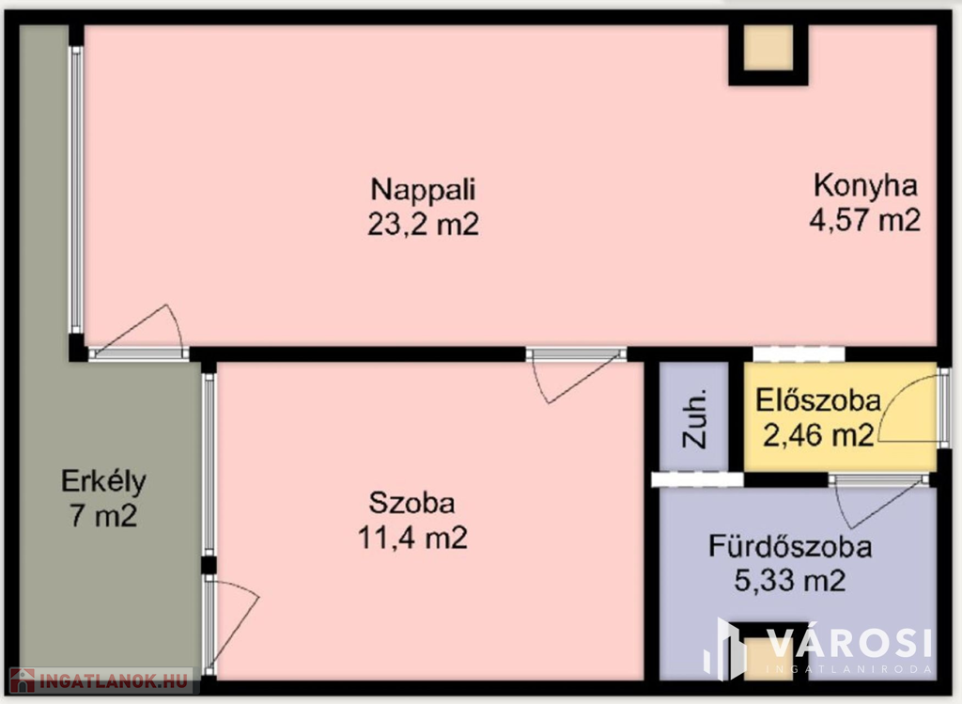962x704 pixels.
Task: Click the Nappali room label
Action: point(424,190)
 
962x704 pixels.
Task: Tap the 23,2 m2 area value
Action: point(424,224)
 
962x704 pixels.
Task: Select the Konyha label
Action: point(865,186)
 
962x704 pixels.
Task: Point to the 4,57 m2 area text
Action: point(865,219)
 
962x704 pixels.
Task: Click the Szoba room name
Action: point(411,503)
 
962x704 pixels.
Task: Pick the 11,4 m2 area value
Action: point(412,538)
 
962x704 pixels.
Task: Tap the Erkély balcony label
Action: point(103,482)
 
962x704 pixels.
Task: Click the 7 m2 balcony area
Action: point(103,516)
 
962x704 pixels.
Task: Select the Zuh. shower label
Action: point(695,418)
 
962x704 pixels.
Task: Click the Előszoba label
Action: point(818,400)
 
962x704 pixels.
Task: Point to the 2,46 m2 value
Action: point(818,435)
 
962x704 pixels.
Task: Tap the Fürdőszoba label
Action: point(790,547)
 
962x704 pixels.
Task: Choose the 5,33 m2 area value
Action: point(790,581)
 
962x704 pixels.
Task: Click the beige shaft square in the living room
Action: point(768,48)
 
